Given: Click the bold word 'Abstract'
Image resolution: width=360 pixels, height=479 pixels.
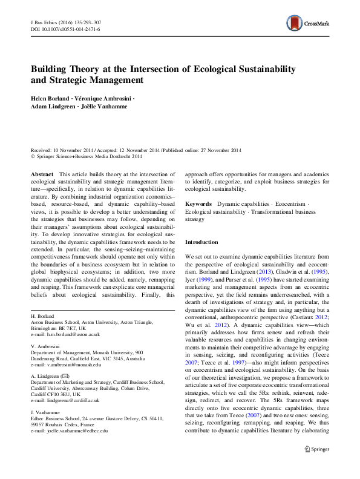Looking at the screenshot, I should pos(42,173).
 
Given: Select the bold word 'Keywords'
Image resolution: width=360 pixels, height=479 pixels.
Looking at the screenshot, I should pos(198,205).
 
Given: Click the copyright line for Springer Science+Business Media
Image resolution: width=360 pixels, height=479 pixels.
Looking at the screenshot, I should pos(88,156).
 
